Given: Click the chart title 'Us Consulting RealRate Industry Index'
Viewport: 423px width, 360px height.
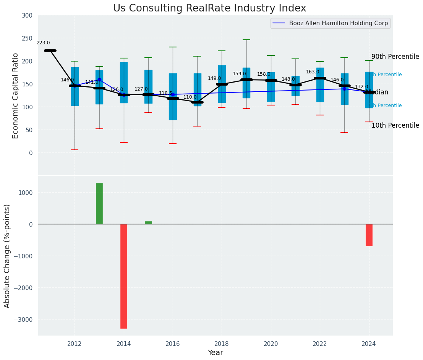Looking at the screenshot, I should click(x=209, y=8).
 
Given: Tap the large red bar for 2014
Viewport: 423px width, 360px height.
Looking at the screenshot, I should click(x=124, y=276).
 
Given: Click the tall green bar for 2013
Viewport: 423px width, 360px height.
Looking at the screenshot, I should click(x=99, y=203).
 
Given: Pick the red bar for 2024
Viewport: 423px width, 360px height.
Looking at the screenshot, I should click(x=369, y=235).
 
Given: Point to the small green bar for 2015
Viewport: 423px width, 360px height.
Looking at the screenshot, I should click(x=148, y=222).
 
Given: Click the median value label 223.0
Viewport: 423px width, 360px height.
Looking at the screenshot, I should click(x=43, y=43).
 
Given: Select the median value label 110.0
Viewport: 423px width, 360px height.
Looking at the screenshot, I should click(x=190, y=97).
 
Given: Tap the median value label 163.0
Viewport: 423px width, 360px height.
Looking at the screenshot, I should click(x=313, y=72).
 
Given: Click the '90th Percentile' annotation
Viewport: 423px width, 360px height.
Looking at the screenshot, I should click(x=395, y=57).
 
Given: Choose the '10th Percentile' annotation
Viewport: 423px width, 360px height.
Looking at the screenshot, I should click(x=395, y=125).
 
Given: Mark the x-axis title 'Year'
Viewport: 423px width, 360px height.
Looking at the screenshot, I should click(x=216, y=353).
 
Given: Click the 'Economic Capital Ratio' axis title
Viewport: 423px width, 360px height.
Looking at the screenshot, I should click(x=16, y=96).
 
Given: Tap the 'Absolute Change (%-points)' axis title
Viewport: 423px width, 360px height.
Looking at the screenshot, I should click(x=7, y=256).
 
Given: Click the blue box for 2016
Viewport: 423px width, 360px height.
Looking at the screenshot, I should click(x=173, y=97).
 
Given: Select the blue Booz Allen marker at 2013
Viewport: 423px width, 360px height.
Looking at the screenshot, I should click(x=99, y=79).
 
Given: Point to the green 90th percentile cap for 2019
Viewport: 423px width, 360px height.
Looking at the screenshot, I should click(x=246, y=40).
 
